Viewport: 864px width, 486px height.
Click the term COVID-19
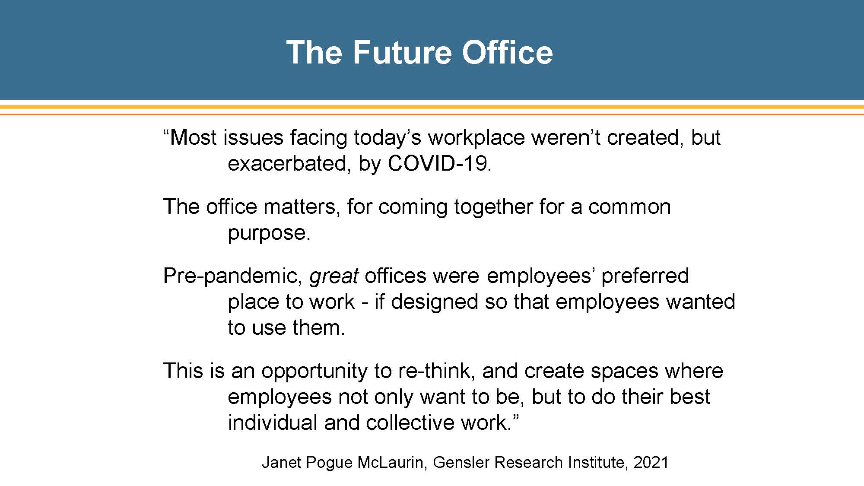(440, 163)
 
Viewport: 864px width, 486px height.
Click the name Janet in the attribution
(281, 462)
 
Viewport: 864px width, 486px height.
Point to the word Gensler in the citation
(461, 462)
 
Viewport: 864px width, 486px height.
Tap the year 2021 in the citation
(651, 462)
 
